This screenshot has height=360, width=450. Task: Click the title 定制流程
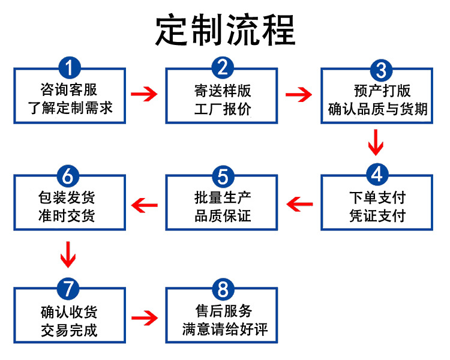(225, 30)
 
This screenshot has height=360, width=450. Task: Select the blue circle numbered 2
(223, 67)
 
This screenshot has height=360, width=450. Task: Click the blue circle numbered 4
(376, 175)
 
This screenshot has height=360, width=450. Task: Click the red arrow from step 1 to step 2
(145, 94)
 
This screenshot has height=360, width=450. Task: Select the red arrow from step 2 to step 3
(299, 94)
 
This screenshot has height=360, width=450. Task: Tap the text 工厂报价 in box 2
(223, 109)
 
